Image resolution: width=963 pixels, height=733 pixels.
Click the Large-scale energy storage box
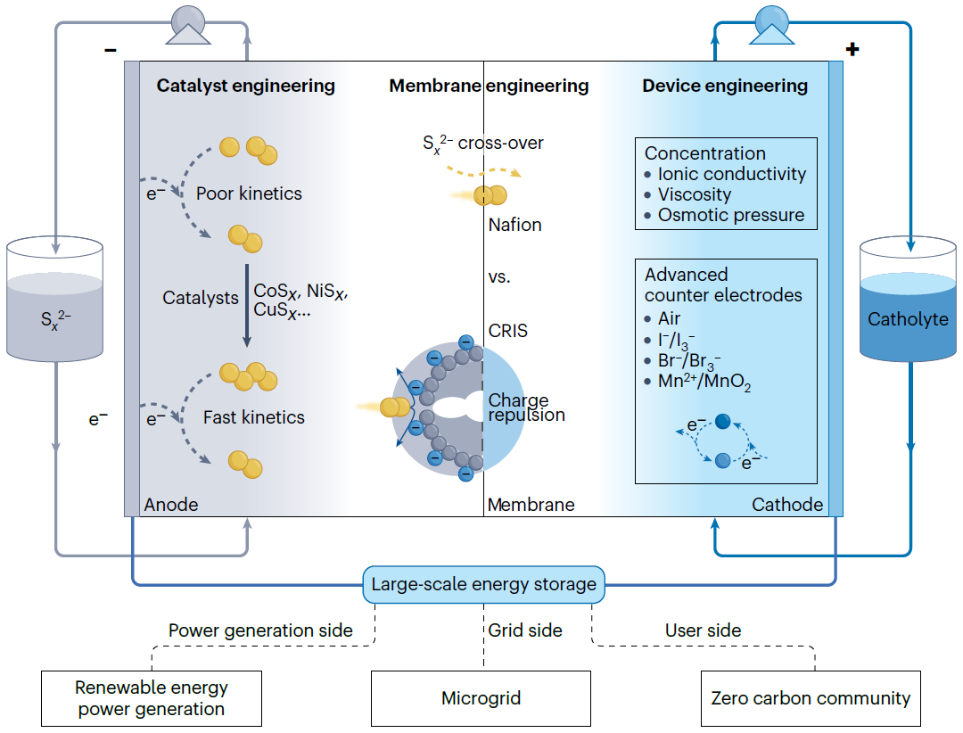coord(483,585)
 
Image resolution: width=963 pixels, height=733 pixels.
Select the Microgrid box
coord(481,698)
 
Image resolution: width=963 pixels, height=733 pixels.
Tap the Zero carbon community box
coord(811,698)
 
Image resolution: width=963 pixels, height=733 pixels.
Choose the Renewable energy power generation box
coord(152,698)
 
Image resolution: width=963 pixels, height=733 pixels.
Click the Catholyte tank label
coord(908,319)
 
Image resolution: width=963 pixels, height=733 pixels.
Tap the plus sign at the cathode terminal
coord(852,50)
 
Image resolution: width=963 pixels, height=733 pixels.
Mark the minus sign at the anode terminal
coord(111,51)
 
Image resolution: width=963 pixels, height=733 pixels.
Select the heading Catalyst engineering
coord(246,86)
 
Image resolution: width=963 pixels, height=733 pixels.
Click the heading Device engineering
coord(725,86)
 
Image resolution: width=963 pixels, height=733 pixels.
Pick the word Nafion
coord(514,225)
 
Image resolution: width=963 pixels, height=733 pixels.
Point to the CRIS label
coord(507,331)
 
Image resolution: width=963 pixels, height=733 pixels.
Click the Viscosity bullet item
coord(695,194)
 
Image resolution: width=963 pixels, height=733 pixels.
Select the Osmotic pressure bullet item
coord(731,215)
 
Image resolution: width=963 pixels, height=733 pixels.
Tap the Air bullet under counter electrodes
coord(669,318)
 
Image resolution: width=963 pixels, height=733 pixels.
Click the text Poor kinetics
coord(249,194)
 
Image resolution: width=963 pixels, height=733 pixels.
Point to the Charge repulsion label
coord(526,408)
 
